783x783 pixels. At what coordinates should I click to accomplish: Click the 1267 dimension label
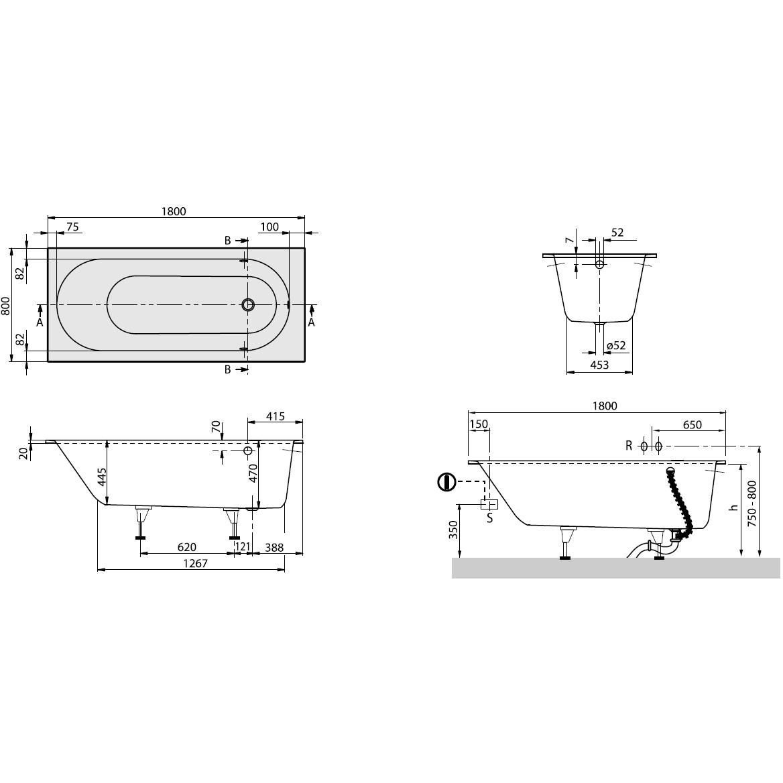pyautogui.click(x=195, y=563)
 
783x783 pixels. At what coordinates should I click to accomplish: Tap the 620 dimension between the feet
pyautogui.click(x=187, y=547)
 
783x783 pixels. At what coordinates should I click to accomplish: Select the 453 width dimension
pyautogui.click(x=599, y=365)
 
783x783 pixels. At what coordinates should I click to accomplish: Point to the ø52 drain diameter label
pyautogui.click(x=615, y=345)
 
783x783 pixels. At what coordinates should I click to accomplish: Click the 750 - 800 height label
pyautogui.click(x=752, y=503)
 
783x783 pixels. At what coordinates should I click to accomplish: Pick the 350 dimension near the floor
pyautogui.click(x=453, y=530)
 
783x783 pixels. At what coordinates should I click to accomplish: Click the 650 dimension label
pyautogui.click(x=692, y=425)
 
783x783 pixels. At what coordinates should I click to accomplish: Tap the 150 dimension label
pyautogui.click(x=479, y=424)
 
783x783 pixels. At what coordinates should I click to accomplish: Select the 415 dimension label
pyautogui.click(x=275, y=416)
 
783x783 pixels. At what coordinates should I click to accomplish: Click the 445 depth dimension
pyautogui.click(x=102, y=477)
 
